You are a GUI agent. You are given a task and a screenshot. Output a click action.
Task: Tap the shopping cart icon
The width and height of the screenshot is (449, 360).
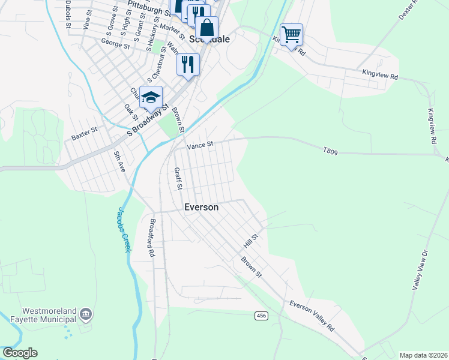(x=291, y=35)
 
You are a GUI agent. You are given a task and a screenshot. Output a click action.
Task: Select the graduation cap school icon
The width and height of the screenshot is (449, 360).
(x=151, y=97)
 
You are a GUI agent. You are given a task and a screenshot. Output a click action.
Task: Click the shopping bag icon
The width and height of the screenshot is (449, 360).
(x=206, y=28)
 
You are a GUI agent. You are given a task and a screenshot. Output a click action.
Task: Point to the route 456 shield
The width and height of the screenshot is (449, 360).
(x=261, y=316)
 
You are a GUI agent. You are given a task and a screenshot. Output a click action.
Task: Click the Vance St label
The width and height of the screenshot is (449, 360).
(x=200, y=145)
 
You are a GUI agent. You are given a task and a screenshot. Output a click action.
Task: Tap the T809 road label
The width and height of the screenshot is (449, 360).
(x=330, y=152)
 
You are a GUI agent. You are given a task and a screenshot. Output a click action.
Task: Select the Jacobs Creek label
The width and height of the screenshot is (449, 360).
(x=123, y=229)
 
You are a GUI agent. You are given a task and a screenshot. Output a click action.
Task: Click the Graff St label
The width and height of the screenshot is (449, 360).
(x=178, y=179)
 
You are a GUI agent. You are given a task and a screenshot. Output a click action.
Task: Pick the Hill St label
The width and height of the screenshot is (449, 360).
(x=250, y=242)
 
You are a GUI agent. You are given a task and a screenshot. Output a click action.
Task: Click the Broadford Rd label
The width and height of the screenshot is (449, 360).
(x=151, y=238)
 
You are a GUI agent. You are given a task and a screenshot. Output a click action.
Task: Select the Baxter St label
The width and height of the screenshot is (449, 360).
(x=84, y=137)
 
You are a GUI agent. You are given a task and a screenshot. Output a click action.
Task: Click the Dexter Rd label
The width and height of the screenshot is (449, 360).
(x=411, y=10)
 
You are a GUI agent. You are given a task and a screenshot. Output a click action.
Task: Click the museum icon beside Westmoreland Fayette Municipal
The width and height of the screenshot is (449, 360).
(x=85, y=314)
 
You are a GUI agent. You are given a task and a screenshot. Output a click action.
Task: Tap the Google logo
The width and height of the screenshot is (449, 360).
(x=20, y=353)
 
